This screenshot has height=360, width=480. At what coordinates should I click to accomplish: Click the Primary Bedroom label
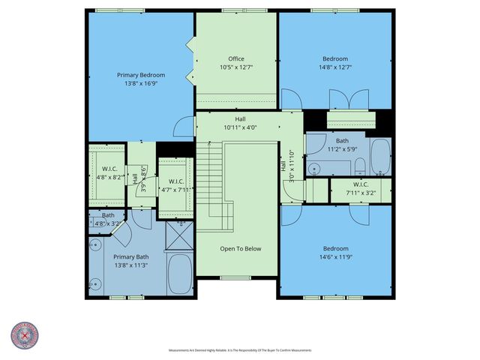[x=140, y=75]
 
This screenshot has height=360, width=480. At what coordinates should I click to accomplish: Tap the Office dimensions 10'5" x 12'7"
[x=236, y=67]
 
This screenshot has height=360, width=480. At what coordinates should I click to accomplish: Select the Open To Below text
[x=240, y=248]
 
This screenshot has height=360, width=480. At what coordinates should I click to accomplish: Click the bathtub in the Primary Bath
[x=180, y=276]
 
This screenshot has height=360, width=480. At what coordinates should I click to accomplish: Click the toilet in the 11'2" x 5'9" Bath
[x=359, y=166]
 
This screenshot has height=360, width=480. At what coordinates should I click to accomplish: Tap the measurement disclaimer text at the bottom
[x=240, y=350]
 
